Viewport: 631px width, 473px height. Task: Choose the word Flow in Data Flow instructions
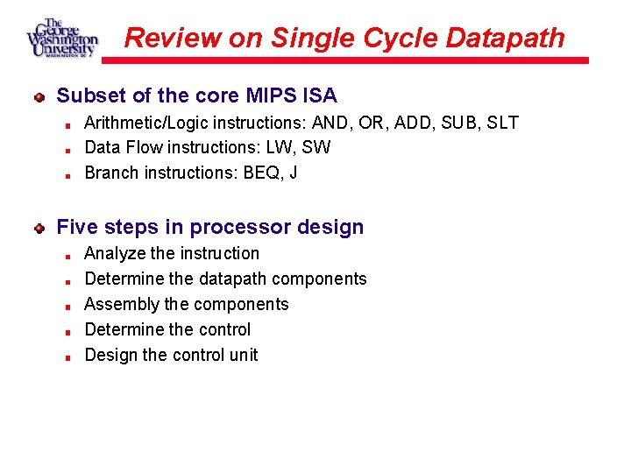[x=141, y=147]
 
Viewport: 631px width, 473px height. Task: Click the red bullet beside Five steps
[x=39, y=228]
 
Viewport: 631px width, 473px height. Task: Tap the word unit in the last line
[x=244, y=355]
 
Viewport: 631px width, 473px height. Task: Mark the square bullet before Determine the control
[x=67, y=331]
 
